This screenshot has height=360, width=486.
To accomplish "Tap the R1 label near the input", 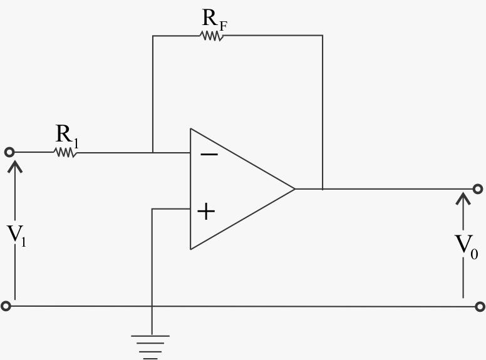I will pos(67,135).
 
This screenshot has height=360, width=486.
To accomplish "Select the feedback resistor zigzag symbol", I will pos(212,36).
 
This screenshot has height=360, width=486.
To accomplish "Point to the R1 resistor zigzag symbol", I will pos(65,152).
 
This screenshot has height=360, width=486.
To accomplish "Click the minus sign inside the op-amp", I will pos(209,153).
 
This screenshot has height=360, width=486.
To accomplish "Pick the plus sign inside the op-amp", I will pos(206,212).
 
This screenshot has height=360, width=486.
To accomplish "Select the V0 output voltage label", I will pos(465,243).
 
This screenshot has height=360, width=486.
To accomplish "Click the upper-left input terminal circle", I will pos(9,152).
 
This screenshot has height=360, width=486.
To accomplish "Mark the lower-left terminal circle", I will pos(6,306).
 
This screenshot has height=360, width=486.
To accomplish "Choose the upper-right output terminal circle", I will pos(478,188).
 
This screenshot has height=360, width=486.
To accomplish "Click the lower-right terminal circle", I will pos(480,307).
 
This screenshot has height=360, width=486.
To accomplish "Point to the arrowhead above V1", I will pos(15,165).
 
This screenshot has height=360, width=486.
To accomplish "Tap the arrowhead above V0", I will pos(463,198).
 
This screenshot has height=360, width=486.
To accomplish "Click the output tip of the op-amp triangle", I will pos(294,188).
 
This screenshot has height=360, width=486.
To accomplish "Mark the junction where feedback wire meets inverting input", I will pos(152,152).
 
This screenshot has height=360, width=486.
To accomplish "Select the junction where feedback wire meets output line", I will pos(323,188).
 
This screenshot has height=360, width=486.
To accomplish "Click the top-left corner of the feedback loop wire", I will pos(152,36).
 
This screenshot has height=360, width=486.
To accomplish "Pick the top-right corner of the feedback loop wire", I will pos(323,36).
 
